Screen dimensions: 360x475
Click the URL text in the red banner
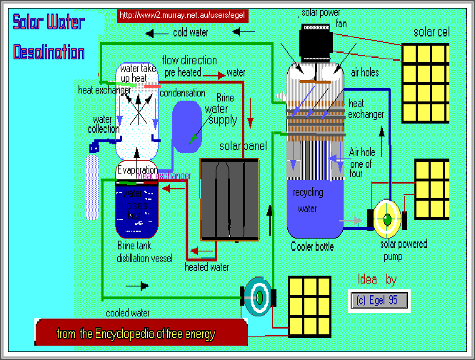coord(182,14)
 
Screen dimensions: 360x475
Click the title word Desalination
coord(49,52)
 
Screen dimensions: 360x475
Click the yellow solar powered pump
coord(387,219)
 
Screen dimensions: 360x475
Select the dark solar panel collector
coord(229,199)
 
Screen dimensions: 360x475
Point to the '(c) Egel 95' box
coord(379,300)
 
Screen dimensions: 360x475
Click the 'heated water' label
coord(206,267)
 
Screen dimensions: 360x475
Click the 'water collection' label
coord(103,124)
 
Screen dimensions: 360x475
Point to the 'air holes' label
coord(365,73)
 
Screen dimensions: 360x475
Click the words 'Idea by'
coord(376,279)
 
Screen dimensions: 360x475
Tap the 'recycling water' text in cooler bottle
coord(308,201)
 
